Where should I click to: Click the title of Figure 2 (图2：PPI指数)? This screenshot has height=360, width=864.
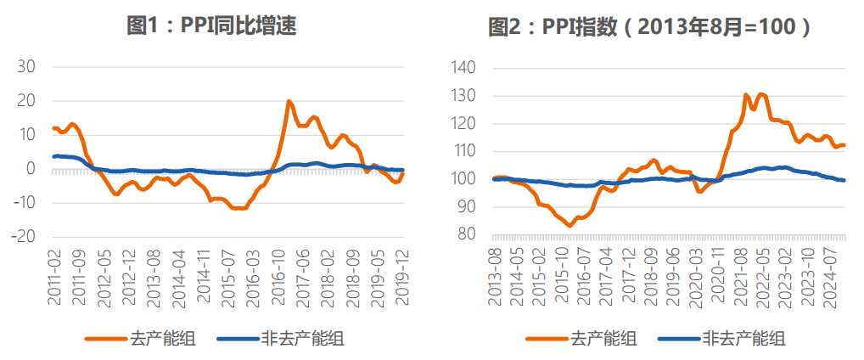point(649,26)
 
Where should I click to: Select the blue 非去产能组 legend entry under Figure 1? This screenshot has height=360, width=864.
point(280,338)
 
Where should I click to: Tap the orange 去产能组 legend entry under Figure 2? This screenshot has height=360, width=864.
point(581,338)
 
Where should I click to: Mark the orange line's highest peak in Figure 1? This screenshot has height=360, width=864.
point(289,102)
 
